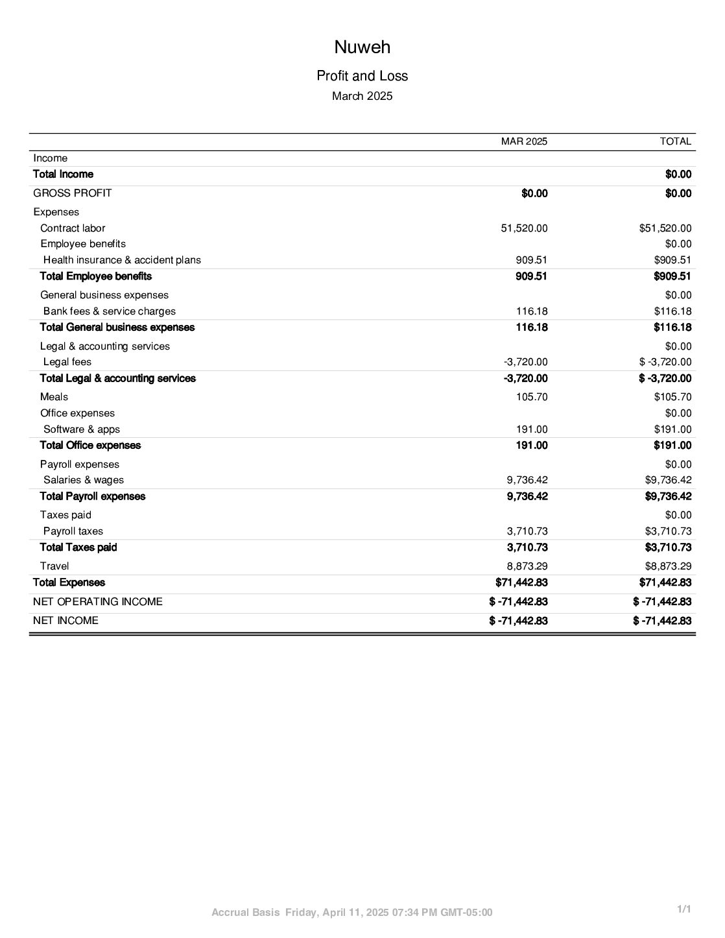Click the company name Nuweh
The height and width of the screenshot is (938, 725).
[x=362, y=47]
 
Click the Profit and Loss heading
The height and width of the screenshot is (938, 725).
[x=362, y=76]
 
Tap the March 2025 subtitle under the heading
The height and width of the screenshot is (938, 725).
[x=362, y=96]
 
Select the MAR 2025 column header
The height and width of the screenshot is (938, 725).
[x=524, y=141]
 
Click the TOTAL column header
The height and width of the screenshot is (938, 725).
[x=675, y=141]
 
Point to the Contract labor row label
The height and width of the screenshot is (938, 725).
[x=73, y=228]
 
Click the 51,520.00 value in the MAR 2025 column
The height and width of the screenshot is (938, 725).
[x=524, y=228]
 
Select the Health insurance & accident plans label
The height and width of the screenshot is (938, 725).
[x=122, y=260]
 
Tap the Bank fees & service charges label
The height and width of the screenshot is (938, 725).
[x=109, y=311]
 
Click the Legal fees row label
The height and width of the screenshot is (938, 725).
[x=67, y=362]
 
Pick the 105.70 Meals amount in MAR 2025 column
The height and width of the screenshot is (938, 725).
[x=532, y=397]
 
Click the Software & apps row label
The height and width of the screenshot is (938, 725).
[x=82, y=429]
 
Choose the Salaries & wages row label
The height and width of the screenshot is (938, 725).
[x=84, y=480]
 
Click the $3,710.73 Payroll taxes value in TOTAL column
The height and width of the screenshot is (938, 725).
[x=668, y=531]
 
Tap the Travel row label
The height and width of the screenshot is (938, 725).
[x=54, y=566]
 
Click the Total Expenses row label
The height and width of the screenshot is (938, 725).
[x=69, y=583]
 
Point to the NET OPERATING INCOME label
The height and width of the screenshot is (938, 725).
[x=98, y=602]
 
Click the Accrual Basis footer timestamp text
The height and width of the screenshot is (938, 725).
[x=352, y=913]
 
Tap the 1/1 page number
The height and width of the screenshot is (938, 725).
[x=683, y=909]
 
